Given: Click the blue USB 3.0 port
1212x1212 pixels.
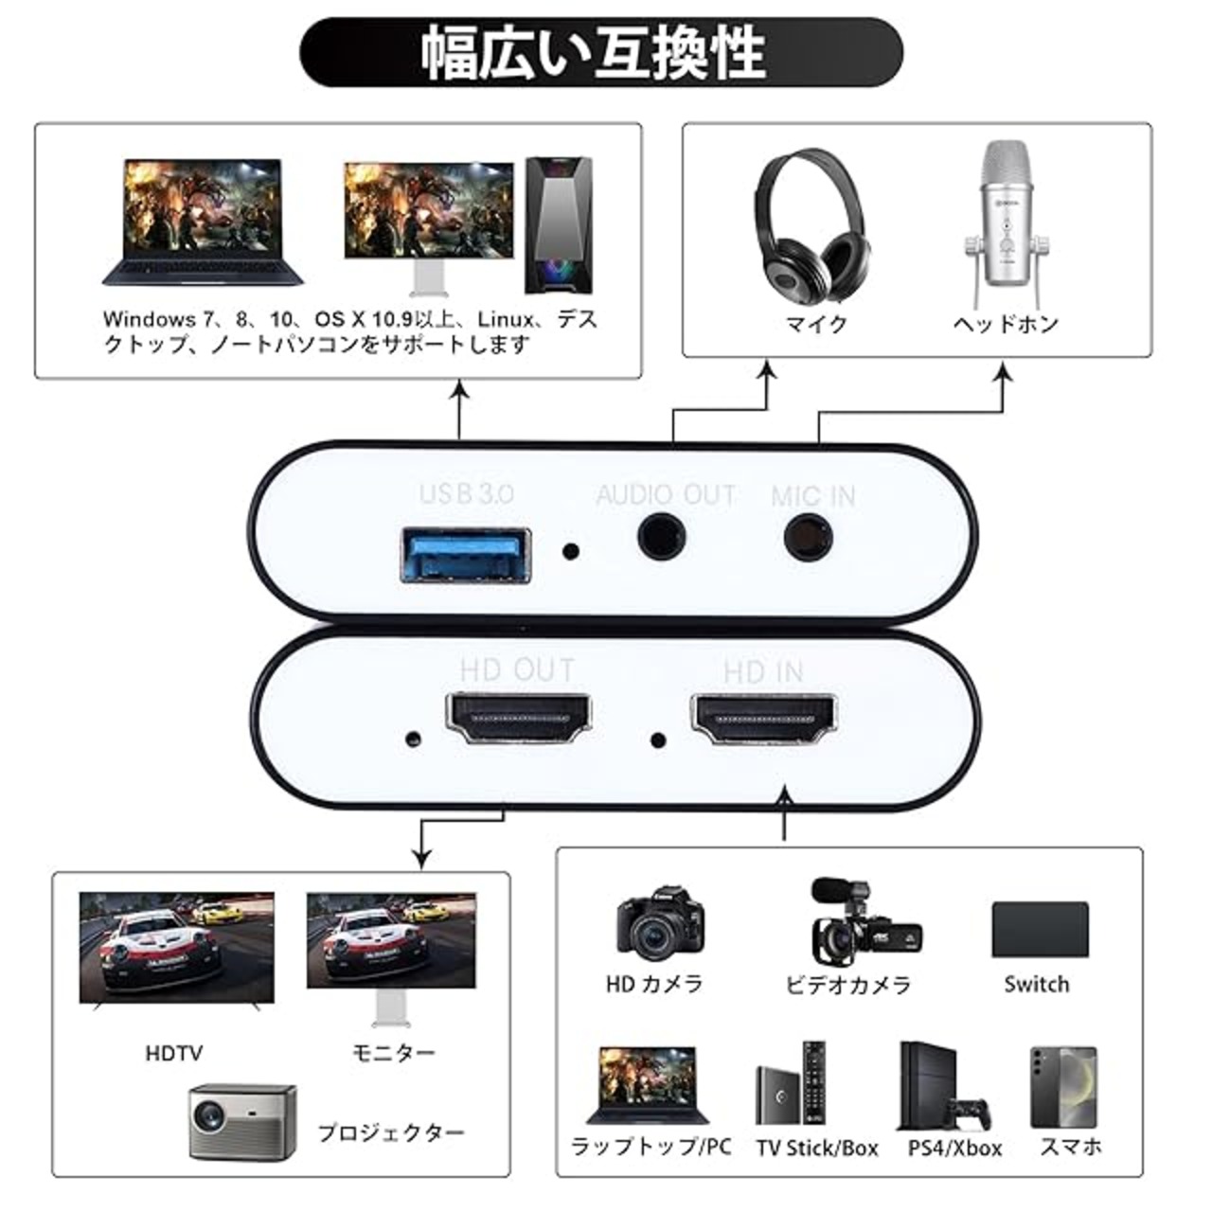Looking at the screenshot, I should tap(467, 554).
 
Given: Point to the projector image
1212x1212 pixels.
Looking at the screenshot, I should tap(241, 1123).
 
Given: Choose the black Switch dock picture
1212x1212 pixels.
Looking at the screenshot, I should tap(1040, 930).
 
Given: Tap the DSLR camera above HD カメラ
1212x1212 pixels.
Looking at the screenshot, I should tap(659, 925).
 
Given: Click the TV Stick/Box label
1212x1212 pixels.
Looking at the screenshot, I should tap(817, 1149).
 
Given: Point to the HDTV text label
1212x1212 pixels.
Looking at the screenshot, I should tap(174, 1053).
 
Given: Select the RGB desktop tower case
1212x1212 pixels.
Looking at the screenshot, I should tap(560, 224).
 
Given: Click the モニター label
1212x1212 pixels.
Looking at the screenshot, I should tap(393, 1053).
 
